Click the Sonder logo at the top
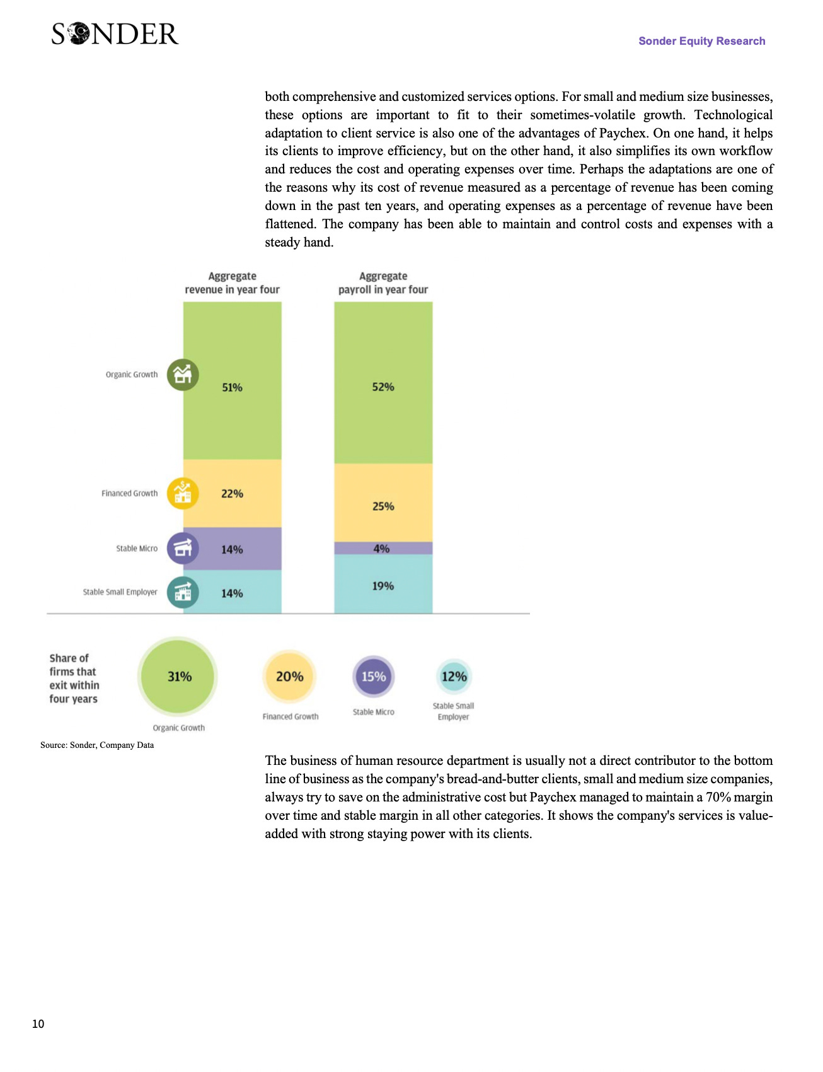click(115, 34)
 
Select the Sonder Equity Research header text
click(701, 41)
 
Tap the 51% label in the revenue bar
click(232, 387)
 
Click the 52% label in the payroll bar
click(383, 387)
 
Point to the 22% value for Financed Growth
click(232, 494)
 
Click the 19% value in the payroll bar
click(383, 586)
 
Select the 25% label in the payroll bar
click(383, 506)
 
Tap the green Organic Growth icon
click(183, 375)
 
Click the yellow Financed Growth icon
click(183, 493)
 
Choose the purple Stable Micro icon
click(183, 549)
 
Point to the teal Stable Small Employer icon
click(183, 592)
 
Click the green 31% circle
click(179, 677)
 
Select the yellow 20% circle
click(289, 677)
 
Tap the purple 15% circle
click(374, 677)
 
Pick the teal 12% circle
click(454, 677)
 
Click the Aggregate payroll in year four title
click(383, 283)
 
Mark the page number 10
click(38, 1024)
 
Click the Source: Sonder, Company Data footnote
click(97, 745)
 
